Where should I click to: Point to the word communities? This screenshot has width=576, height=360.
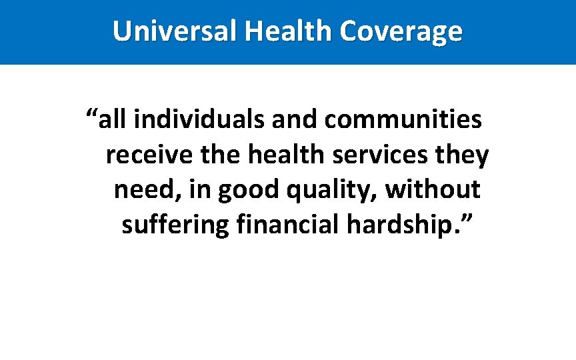tap(403, 120)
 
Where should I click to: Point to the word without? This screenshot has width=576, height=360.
tap(433, 190)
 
